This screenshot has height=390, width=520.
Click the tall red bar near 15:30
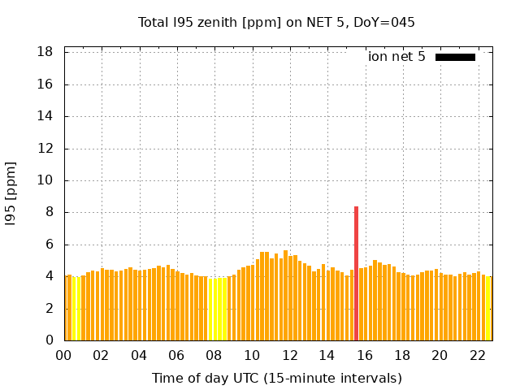[x=356, y=273]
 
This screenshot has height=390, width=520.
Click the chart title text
[x=277, y=23]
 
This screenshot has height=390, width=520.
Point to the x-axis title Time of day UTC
[x=277, y=378]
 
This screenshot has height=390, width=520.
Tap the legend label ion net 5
[x=396, y=57]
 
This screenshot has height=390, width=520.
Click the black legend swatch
[x=455, y=57]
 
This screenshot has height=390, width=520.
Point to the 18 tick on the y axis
[x=45, y=52]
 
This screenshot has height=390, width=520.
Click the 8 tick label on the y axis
[x=49, y=213]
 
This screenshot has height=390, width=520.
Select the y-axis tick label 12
[x=45, y=149]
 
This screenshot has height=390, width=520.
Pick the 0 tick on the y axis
[x=49, y=340]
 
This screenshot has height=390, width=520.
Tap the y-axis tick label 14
[x=45, y=116]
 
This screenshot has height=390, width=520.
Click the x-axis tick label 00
[x=64, y=356]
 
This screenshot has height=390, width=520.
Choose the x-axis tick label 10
[x=252, y=356]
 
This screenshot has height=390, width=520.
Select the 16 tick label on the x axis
[x=365, y=356]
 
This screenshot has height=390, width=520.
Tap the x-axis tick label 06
[x=176, y=356]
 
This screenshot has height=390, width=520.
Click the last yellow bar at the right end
[x=487, y=309]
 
